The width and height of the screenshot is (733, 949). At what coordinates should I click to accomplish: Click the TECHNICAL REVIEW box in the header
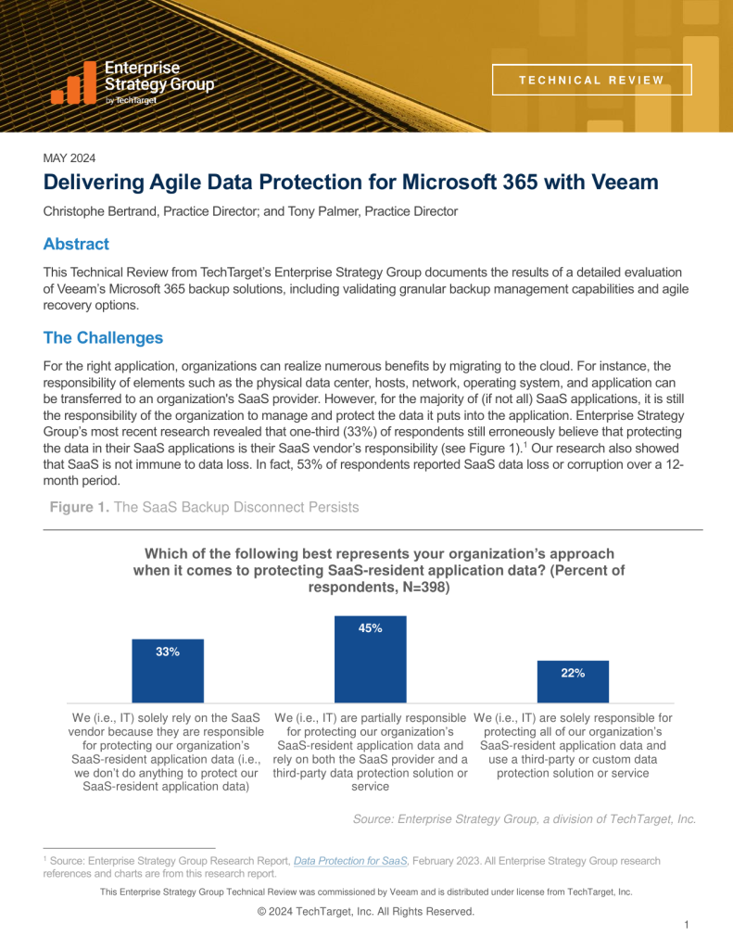click(591, 80)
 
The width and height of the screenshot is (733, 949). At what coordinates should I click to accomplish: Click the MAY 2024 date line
click(70, 158)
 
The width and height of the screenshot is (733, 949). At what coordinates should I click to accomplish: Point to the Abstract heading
click(76, 245)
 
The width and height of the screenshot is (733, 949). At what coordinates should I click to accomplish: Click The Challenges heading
click(103, 337)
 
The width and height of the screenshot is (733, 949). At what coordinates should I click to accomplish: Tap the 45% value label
click(370, 628)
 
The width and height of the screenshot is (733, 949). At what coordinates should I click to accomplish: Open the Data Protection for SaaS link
click(350, 861)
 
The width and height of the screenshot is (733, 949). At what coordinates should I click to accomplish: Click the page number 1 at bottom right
click(685, 925)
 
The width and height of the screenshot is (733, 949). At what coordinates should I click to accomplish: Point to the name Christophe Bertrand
click(101, 211)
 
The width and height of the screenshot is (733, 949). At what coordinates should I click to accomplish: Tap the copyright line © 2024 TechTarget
click(366, 911)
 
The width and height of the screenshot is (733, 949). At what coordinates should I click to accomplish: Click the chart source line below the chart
click(524, 818)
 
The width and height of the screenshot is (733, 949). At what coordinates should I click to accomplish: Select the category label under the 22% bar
click(573, 745)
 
